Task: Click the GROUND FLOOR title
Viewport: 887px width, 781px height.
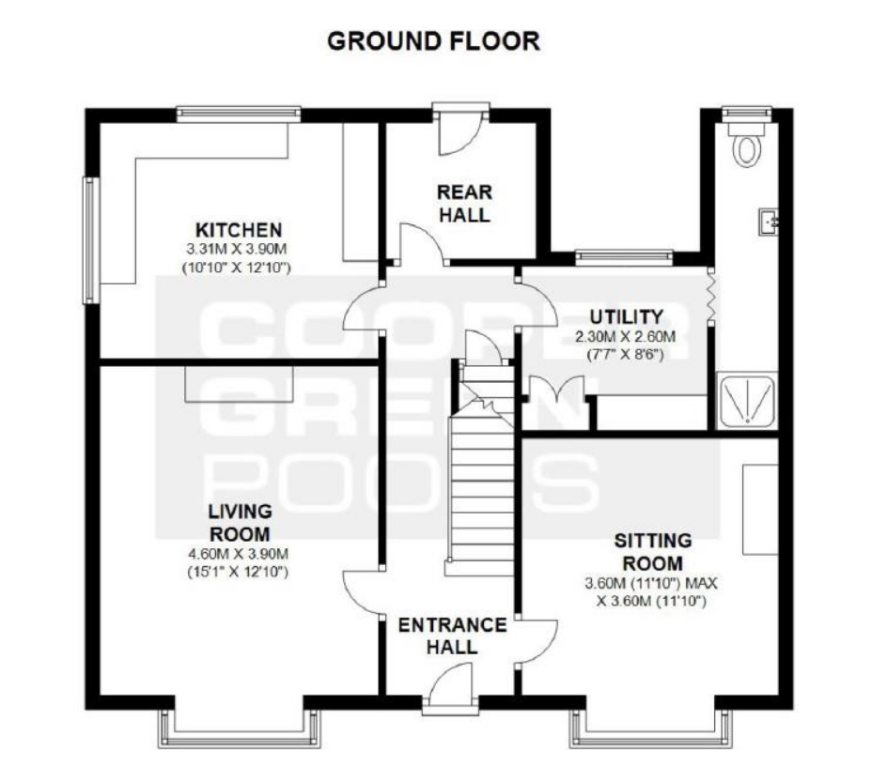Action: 434,41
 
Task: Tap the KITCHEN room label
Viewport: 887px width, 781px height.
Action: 238,230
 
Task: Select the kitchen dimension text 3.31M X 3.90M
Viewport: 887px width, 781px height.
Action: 237,249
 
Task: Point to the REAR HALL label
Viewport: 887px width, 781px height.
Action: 464,204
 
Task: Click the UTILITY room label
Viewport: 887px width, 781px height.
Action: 626,316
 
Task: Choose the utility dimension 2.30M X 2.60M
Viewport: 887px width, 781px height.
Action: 626,337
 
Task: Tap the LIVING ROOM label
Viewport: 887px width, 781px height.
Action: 240,522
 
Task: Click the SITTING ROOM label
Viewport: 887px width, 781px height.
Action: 653,552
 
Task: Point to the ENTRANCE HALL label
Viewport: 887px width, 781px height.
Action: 453,636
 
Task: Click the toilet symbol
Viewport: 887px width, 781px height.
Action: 746,145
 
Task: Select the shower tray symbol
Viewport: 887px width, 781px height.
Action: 747,401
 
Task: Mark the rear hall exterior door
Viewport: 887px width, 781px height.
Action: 459,133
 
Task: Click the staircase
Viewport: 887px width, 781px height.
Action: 480,469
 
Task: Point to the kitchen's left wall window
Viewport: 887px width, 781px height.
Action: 91,240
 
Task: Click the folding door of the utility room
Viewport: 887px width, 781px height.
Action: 710,296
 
